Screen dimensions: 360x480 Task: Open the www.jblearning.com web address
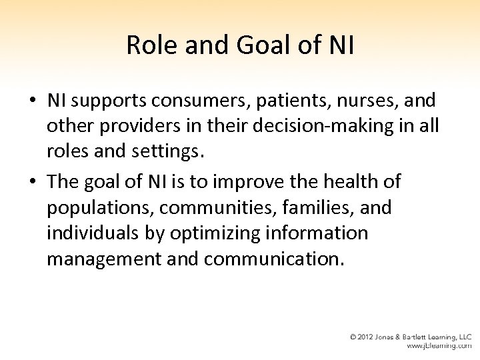[x=440, y=347]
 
